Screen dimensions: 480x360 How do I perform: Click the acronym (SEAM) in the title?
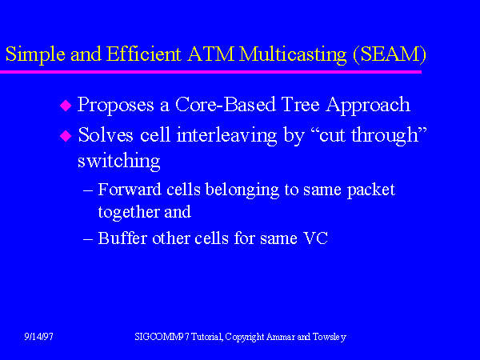point(390,54)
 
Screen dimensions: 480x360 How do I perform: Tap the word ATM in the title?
point(210,54)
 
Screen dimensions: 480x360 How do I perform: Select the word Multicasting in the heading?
point(293,54)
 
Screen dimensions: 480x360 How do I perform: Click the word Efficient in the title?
point(143,54)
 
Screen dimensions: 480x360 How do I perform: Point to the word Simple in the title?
point(35,54)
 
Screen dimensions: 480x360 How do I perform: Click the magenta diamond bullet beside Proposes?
point(66,106)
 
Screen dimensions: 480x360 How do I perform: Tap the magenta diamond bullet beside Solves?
point(66,136)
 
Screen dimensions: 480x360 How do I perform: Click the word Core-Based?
point(226,104)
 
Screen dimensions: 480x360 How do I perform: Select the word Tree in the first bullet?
point(300,104)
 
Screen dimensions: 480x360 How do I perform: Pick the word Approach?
point(368,106)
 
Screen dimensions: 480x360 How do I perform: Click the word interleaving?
point(226,136)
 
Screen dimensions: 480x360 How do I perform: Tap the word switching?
point(118,162)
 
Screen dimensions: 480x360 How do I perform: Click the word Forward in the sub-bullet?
point(130,190)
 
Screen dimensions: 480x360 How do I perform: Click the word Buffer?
point(122,238)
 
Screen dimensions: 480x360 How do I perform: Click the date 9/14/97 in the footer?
point(39,337)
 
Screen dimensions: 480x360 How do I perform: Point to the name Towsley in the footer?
point(330,337)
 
